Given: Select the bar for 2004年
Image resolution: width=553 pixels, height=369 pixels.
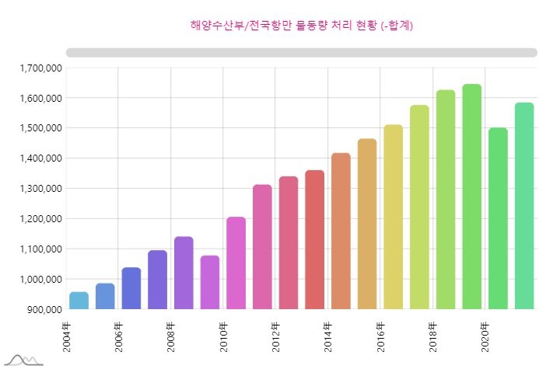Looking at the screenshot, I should tap(79, 301).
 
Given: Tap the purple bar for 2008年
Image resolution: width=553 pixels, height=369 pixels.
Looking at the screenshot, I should tap(184, 273).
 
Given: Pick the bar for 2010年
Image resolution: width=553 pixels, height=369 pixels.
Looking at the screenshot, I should tap(236, 263).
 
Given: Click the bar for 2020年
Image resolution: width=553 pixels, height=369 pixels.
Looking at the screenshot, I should tap(498, 218).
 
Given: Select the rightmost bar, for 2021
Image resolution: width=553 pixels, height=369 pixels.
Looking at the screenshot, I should tap(524, 206).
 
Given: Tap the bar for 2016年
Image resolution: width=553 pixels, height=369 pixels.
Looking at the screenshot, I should tap(394, 217).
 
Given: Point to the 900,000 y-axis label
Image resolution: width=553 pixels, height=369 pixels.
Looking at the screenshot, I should tap(44, 310).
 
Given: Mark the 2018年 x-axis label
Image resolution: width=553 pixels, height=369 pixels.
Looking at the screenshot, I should tap(433, 336).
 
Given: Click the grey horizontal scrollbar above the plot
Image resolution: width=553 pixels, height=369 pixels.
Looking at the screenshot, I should tap(302, 52).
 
